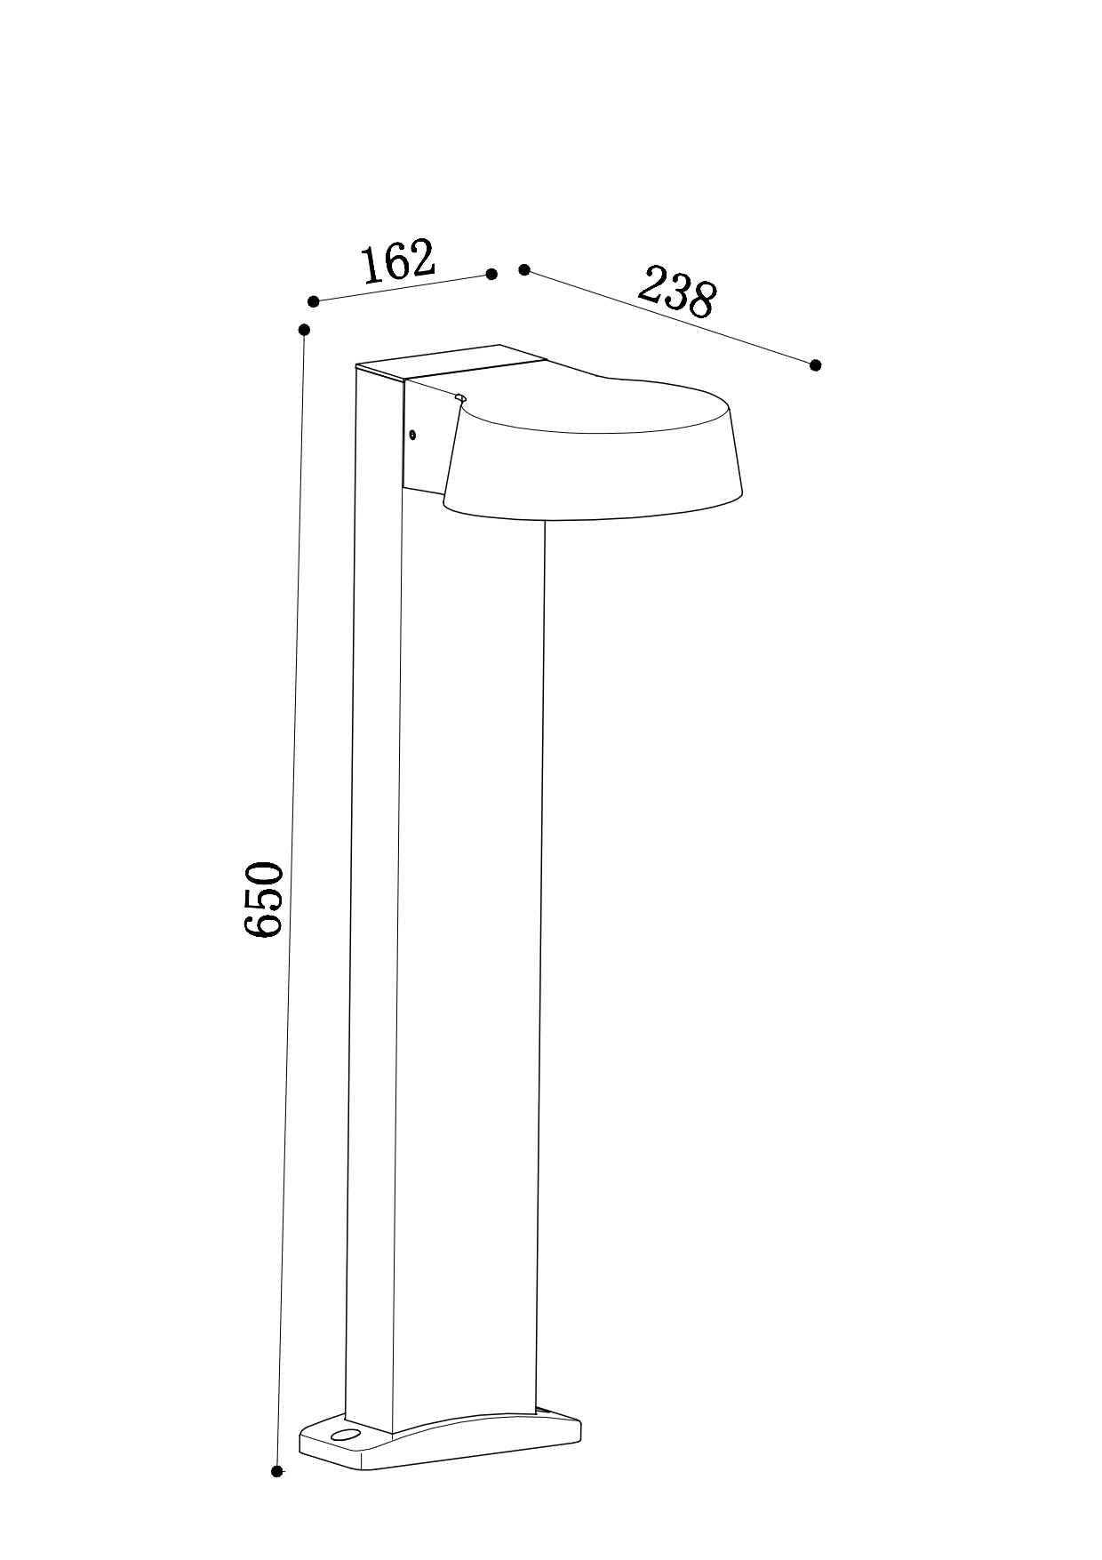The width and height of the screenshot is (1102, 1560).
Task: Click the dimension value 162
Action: pos(398,261)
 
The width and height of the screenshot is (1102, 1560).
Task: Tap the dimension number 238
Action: pos(676,291)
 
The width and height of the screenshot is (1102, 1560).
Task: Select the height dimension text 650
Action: pos(263,898)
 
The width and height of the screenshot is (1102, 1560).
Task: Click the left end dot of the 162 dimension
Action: pos(313,301)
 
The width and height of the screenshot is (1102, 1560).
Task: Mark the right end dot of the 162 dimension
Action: pos(491,274)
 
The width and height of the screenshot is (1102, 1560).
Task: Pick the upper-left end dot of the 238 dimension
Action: pos(524,269)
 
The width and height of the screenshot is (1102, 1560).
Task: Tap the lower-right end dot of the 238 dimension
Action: pos(816,364)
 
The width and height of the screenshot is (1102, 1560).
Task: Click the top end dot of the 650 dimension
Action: pos(304,330)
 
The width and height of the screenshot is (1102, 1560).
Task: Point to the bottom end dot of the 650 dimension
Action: pos(277,1472)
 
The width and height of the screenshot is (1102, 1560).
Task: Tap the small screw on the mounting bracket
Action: pos(412,435)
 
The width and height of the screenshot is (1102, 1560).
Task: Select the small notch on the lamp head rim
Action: pos(459,398)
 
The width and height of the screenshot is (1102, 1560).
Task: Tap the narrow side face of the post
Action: pos(373,889)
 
